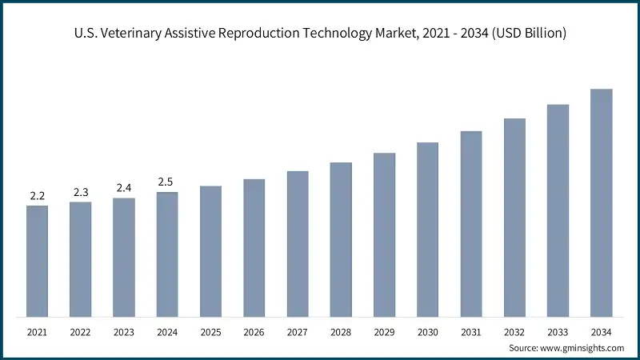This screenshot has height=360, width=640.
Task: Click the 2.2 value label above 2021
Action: pos(37,195)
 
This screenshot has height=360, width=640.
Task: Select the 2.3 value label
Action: pos(80,192)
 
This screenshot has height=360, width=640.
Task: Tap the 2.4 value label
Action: pos(123,188)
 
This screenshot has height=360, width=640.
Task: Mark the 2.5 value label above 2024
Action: pos(167,182)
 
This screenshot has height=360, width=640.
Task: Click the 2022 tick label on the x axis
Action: pos(80,331)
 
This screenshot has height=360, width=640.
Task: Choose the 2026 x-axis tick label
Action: pos(254,331)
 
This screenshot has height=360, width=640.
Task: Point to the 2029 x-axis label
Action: pos(384,331)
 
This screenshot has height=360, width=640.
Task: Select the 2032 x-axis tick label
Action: pos(514,331)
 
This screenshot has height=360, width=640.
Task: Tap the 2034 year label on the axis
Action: pos(601,331)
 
